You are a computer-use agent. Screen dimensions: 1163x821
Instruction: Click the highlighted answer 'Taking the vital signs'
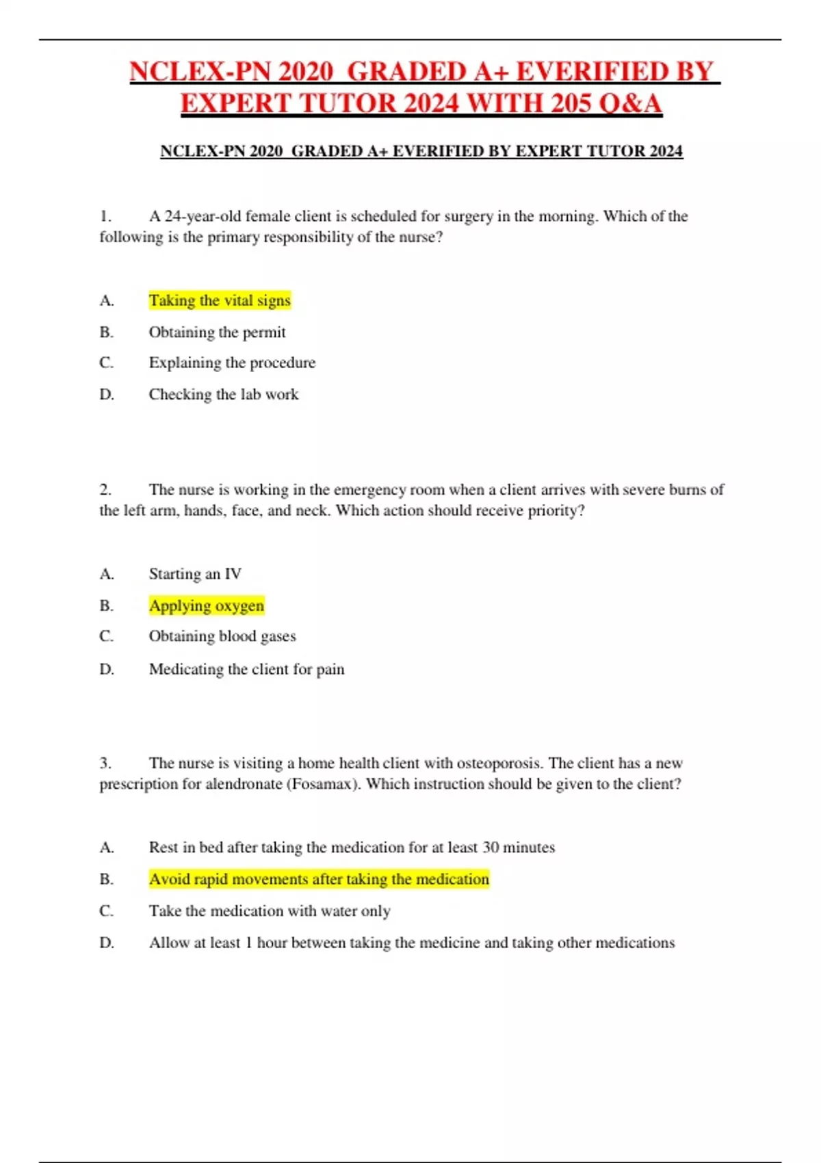coord(220,300)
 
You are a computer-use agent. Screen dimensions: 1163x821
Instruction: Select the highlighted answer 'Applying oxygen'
coord(207,605)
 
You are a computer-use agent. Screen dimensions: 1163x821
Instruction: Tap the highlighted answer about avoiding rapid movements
coord(319,879)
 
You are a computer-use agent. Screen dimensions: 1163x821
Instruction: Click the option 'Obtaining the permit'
coord(217,332)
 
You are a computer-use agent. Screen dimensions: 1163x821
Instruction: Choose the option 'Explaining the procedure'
coord(232,363)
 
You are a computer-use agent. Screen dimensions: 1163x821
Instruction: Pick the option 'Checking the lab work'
coord(224,394)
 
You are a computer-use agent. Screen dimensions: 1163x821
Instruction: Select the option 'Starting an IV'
coord(195,574)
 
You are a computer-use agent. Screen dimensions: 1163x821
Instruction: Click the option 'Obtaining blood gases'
coord(222,636)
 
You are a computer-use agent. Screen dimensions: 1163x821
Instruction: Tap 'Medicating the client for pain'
coord(246,669)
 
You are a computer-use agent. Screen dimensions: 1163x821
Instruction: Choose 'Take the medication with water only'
coord(270,911)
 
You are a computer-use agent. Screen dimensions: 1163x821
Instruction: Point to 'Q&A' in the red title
coord(629,103)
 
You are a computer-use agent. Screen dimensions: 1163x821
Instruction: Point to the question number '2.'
coord(105,490)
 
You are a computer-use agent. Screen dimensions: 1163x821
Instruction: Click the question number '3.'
coord(105,763)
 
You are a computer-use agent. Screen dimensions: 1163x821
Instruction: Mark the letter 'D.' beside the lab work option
coord(107,394)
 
